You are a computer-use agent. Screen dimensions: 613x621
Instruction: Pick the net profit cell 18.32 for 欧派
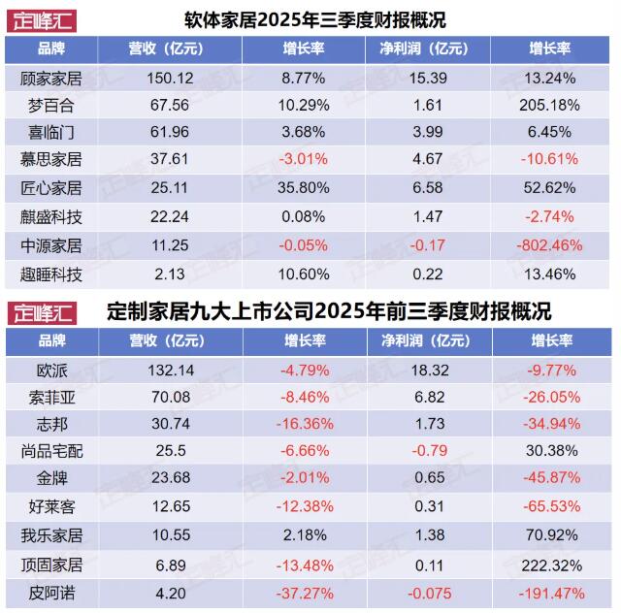click(x=429, y=370)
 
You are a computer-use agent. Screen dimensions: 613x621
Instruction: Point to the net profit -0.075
click(x=429, y=593)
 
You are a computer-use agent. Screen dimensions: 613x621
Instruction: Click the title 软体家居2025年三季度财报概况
click(x=308, y=19)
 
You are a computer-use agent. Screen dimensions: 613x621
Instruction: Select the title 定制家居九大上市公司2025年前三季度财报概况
click(x=327, y=312)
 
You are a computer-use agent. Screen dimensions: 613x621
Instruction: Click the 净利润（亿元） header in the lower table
click(x=429, y=340)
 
